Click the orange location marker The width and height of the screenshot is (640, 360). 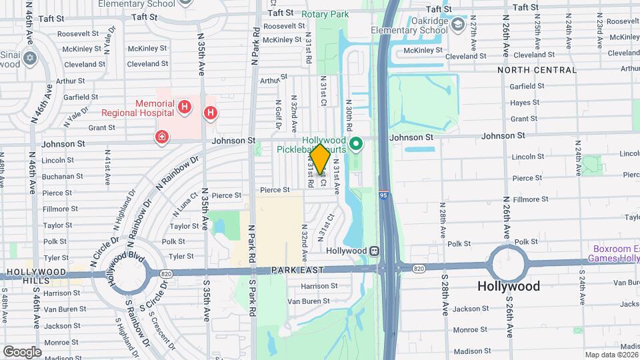click(320, 160)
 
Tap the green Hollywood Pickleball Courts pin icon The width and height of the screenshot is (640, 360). click(357, 143)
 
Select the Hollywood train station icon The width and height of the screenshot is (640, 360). click(375, 251)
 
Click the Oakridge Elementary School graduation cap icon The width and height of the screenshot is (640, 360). click(459, 25)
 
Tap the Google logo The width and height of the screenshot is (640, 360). click(21, 351)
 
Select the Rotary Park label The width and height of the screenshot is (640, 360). click(325, 14)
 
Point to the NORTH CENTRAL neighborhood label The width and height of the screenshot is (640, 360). click(531, 69)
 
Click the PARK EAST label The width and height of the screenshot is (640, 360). click(298, 270)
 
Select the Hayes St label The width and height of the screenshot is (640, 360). click(524, 103)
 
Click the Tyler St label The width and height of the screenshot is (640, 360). click(181, 256)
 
